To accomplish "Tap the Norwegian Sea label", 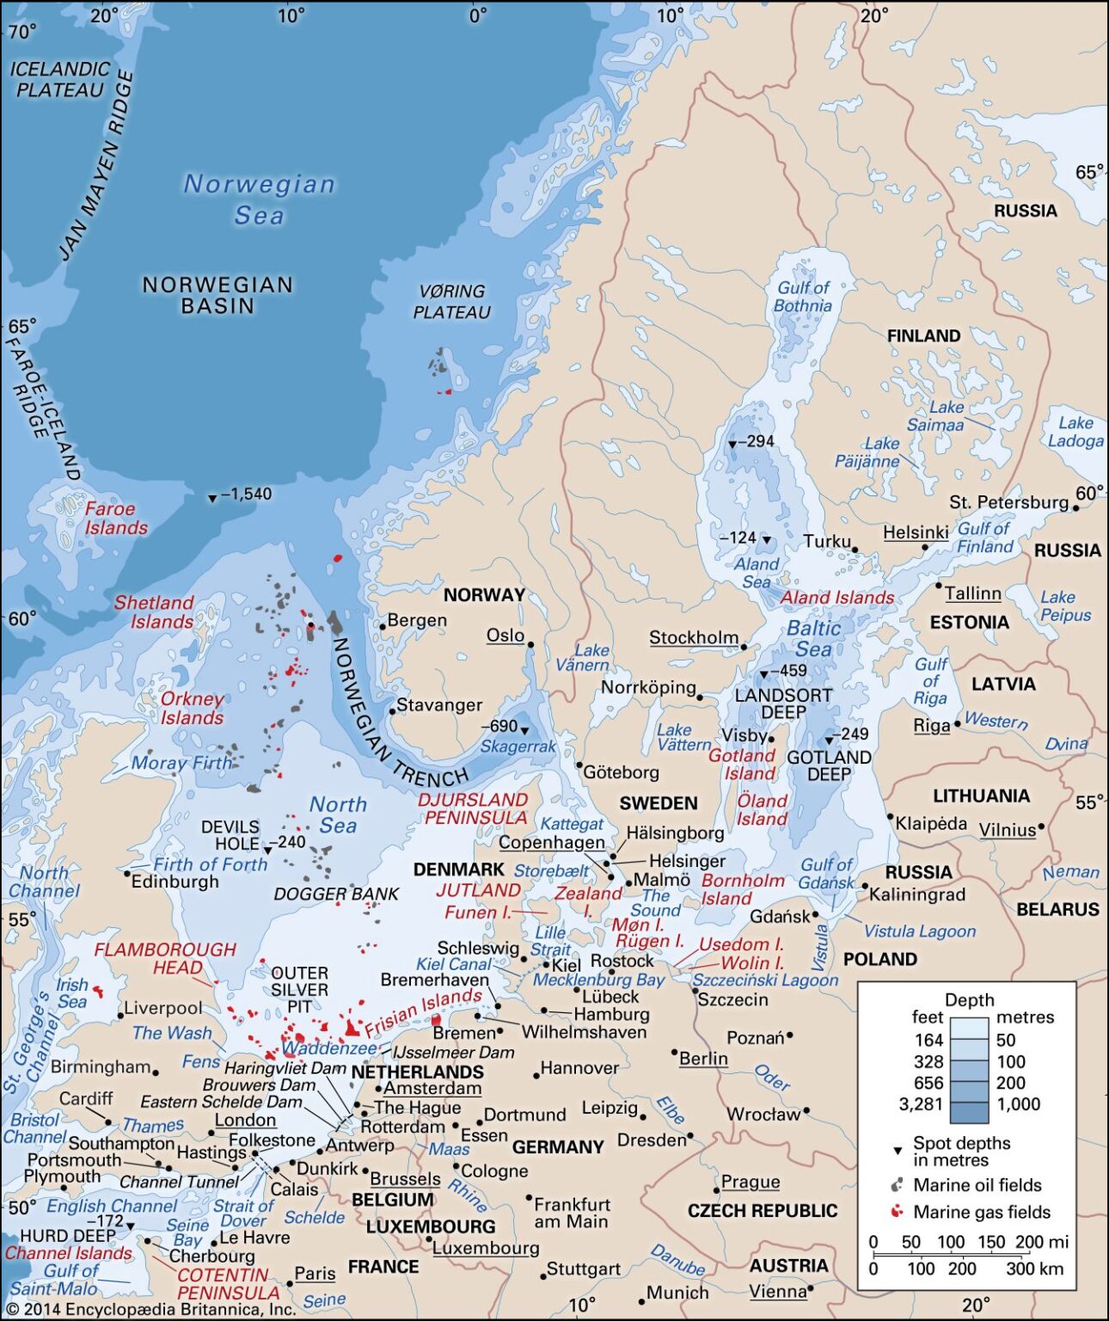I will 258,199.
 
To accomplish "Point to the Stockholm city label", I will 693,638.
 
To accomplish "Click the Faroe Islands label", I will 116,519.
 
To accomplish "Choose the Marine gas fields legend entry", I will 981,1212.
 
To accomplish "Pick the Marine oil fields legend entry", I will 977,1185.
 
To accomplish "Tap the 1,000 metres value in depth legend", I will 1018,1103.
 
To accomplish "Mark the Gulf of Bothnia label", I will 803,297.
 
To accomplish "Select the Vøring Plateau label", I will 452,302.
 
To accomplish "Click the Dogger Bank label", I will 336,894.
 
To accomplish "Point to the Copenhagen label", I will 551,843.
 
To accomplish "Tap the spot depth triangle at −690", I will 524,731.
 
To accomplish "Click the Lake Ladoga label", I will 1075,432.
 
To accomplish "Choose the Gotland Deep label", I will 829,765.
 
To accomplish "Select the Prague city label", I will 750,1182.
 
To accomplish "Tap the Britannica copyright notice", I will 150,1310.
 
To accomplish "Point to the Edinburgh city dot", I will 127,874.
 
